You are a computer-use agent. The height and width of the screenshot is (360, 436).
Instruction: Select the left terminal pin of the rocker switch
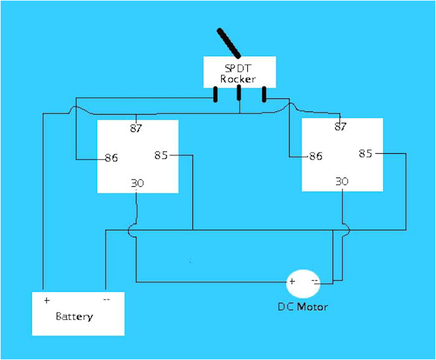(x=215, y=95)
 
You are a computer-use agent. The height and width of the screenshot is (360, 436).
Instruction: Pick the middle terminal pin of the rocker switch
(x=239, y=94)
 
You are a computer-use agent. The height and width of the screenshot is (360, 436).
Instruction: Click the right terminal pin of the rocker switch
(x=264, y=94)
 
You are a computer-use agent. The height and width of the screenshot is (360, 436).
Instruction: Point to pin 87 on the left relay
(x=136, y=129)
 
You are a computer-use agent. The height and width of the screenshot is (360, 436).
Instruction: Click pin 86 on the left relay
(x=111, y=158)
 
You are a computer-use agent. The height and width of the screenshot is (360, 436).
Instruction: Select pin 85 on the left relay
(x=161, y=155)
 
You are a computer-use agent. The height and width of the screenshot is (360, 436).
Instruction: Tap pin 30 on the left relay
(x=137, y=183)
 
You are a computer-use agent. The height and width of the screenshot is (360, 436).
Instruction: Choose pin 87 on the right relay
(x=340, y=126)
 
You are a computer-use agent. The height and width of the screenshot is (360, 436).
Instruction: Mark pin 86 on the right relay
(x=316, y=156)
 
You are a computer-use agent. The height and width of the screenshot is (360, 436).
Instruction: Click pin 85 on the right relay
(x=366, y=153)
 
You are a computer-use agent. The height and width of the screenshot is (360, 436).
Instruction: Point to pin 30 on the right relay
(x=342, y=181)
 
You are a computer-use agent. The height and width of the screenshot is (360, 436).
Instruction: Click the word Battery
(x=74, y=316)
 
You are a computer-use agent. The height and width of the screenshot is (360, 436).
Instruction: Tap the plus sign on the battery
(x=47, y=300)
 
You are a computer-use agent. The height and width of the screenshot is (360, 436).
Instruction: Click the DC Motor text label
(x=303, y=307)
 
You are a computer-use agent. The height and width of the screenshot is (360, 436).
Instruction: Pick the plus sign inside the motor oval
(x=291, y=282)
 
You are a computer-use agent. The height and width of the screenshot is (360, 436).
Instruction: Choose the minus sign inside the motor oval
(x=315, y=282)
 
